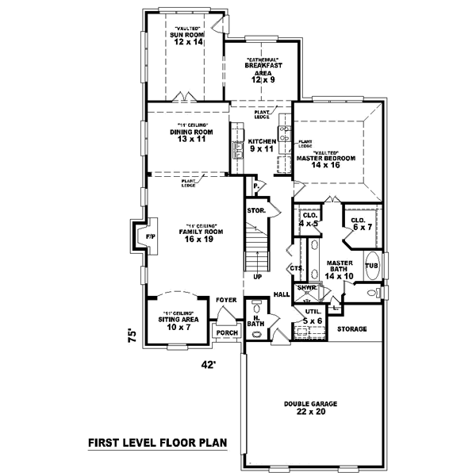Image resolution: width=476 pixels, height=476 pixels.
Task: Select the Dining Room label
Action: pos(187,132)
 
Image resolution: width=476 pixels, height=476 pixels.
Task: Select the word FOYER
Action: pos(225,300)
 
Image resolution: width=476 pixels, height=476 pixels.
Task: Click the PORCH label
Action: pos(227,333)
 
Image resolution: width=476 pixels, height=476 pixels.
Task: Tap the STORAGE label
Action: pos(351,328)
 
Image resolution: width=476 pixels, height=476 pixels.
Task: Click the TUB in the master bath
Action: pos(370,266)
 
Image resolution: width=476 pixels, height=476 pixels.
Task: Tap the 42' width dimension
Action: pos(208,365)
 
